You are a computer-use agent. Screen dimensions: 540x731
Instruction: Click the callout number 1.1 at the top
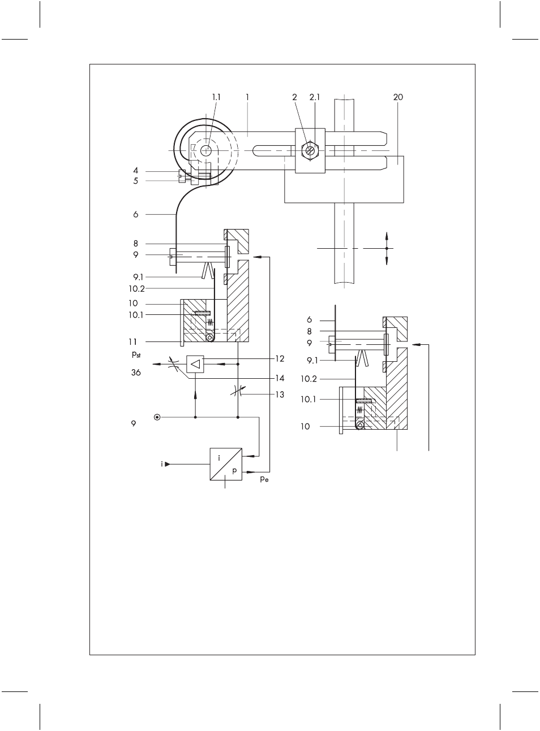tap(216, 97)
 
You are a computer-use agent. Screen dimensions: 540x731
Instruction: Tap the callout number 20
tap(398, 97)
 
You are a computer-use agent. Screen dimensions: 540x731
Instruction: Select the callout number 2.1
tap(315, 97)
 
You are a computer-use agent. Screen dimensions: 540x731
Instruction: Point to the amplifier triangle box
tap(195, 364)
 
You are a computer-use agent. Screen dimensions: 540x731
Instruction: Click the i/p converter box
tap(226, 464)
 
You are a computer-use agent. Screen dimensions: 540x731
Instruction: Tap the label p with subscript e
tap(264, 479)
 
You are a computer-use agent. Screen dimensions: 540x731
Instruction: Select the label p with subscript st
tap(136, 354)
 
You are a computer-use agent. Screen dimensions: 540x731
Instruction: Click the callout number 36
tap(136, 373)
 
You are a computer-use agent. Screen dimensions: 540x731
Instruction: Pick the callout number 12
tap(280, 358)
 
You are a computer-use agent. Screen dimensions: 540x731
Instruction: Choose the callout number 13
tap(280, 395)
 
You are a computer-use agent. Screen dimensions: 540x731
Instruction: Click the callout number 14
tap(280, 378)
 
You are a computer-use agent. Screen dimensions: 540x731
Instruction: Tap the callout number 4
tap(136, 171)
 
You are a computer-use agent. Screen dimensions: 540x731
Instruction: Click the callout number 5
tap(136, 181)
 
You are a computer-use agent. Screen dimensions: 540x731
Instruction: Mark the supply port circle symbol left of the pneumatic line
tap(157, 417)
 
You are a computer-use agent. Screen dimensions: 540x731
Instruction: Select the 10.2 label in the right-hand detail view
tap(308, 379)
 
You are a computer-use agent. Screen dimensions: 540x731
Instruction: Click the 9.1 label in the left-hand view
tap(138, 277)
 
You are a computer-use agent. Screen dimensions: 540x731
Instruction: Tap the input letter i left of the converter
tap(162, 464)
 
